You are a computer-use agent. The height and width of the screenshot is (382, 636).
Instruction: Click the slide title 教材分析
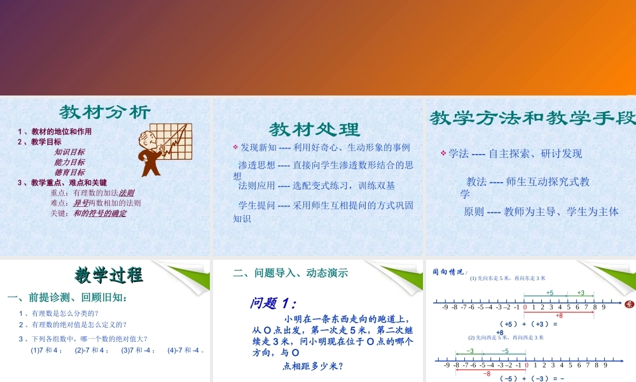point(105,113)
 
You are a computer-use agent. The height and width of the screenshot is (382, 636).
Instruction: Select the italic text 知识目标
point(69,152)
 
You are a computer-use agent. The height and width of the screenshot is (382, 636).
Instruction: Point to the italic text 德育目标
point(69,173)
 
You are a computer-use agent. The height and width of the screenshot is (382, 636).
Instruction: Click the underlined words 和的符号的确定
point(100,213)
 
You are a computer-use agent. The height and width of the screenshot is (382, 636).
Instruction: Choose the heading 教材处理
point(314,130)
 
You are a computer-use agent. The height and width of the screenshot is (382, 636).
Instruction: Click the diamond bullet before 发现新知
point(235,147)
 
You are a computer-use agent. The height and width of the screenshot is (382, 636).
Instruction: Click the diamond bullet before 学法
point(443,153)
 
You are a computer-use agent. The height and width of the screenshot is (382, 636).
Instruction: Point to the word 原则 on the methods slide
point(474,212)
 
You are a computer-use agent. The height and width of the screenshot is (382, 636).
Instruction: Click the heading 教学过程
point(109,276)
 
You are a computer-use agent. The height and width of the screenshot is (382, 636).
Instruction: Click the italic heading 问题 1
point(273,304)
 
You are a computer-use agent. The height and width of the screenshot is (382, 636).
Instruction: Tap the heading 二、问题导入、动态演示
point(291,273)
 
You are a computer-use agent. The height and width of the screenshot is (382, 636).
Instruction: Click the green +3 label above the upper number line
point(581,293)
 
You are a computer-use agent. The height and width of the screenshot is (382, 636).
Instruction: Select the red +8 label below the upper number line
point(559,316)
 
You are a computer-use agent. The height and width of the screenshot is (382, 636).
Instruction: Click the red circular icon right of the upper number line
point(630,304)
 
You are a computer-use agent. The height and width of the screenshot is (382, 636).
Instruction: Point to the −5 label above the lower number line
point(504,351)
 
